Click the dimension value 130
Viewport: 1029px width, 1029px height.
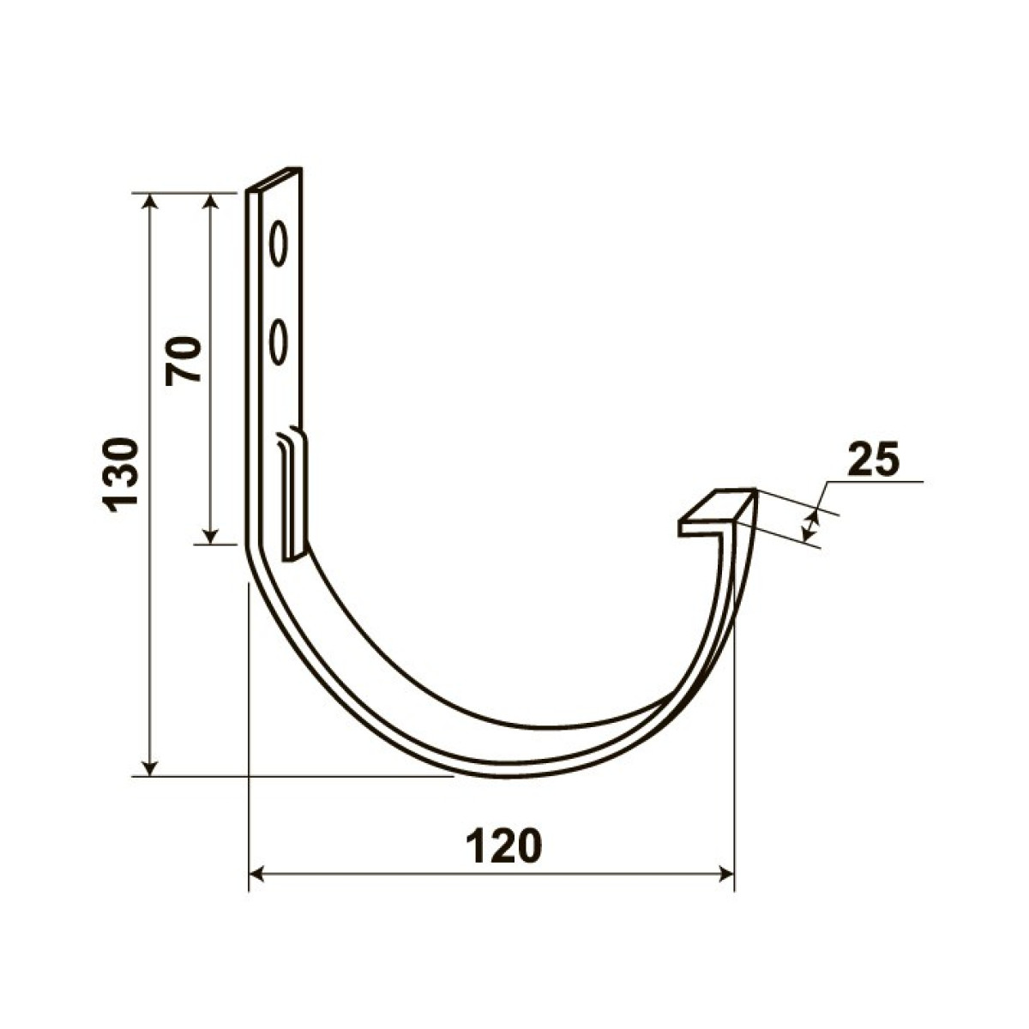pos(121,475)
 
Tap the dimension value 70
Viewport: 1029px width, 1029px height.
pos(183,361)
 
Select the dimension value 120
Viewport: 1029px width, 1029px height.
pos(504,846)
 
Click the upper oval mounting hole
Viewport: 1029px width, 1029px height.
pos(278,244)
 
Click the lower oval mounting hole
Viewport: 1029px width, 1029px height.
pos(278,342)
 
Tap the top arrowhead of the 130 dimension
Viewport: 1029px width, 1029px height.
pos(151,202)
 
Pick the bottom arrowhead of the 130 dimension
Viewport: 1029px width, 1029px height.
pos(151,767)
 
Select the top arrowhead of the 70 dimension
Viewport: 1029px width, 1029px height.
pos(212,202)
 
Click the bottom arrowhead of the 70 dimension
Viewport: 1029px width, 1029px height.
pos(212,534)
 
